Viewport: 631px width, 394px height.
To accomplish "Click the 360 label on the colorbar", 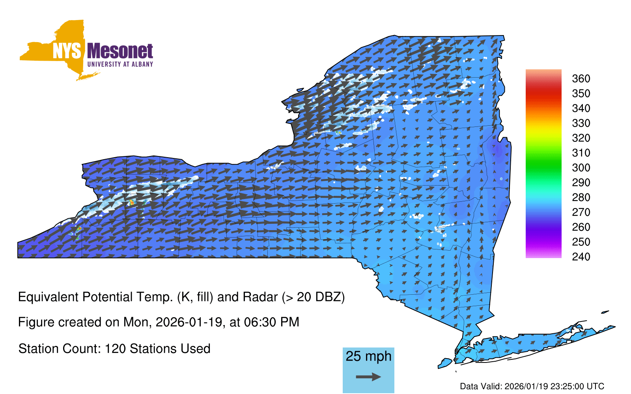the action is point(581,78).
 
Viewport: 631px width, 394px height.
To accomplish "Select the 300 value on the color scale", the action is point(581,168).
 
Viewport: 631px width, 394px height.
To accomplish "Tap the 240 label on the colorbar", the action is point(581,256).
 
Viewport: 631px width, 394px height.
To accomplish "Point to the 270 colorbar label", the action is point(581,212).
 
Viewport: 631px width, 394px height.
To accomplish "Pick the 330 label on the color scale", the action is point(581,123).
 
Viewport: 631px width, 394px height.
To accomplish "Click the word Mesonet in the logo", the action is point(120,51).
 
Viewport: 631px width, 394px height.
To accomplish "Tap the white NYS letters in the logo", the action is point(67,51).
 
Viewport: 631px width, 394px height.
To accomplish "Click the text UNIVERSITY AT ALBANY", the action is point(120,64).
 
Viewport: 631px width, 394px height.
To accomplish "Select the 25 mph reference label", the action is point(368,357).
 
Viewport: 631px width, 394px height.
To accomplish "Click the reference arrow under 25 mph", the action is point(368,377).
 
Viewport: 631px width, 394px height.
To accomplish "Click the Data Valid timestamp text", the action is point(532,386).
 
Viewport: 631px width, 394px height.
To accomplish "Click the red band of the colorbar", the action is point(543,94).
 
